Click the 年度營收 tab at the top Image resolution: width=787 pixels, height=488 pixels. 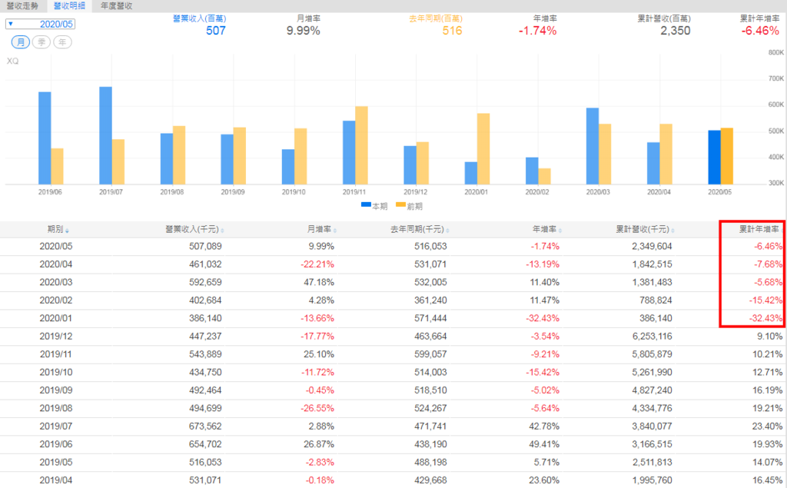(117, 5)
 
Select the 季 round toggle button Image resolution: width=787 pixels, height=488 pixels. (42, 41)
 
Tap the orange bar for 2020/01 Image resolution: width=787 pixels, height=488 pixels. (483, 148)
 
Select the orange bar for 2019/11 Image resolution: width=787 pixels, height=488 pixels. (361, 145)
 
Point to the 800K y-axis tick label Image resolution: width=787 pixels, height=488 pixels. (775, 53)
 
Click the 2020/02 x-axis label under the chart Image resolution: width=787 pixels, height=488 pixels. (538, 192)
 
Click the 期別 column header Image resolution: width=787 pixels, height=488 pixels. (55, 229)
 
